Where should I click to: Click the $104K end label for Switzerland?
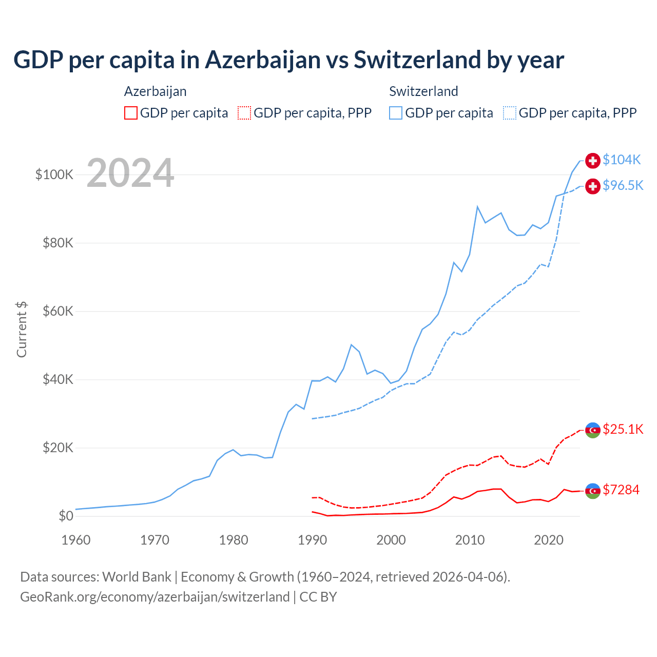click(x=622, y=160)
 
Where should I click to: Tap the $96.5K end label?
click(x=623, y=186)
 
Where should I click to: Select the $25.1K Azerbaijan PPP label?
click(x=623, y=429)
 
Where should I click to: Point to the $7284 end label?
click(x=621, y=490)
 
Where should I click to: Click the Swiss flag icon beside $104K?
click(x=593, y=161)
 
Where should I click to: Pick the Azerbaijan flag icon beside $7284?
click(x=593, y=491)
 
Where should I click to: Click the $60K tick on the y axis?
click(x=58, y=312)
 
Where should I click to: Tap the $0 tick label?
click(x=66, y=516)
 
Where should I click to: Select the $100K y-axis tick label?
click(x=54, y=175)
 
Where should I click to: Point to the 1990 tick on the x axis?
click(x=313, y=540)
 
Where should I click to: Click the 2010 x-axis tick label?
click(x=470, y=540)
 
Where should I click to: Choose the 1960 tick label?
click(x=76, y=540)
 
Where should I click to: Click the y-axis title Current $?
click(x=22, y=329)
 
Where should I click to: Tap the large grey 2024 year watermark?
click(x=130, y=173)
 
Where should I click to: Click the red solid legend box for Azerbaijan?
click(x=131, y=113)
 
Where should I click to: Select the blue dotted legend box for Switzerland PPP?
click(x=510, y=113)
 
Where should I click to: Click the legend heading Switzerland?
click(x=423, y=91)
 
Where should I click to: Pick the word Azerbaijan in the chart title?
click(x=263, y=60)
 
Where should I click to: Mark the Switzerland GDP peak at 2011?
click(x=477, y=207)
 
